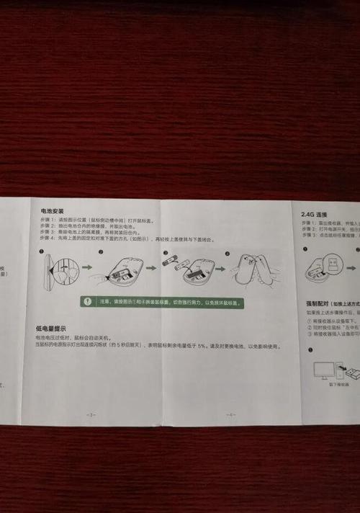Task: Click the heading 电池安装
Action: coord(53,212)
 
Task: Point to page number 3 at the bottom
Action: coord(89,414)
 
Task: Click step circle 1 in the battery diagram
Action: coord(42,251)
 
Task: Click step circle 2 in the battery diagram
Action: coord(101,252)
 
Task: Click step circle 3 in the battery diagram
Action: coord(165,253)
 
